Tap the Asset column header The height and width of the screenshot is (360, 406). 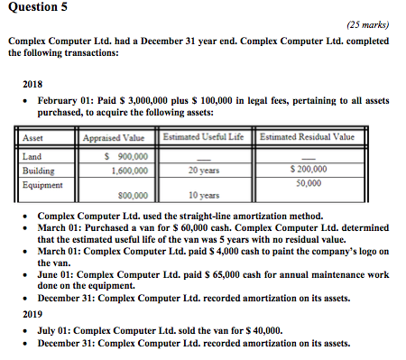point(32,138)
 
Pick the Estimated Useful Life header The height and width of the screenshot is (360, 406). point(204,137)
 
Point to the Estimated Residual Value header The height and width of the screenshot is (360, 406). point(306,137)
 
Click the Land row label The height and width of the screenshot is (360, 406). point(32,155)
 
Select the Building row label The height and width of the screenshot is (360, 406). point(38,169)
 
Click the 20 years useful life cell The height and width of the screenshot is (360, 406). point(206,169)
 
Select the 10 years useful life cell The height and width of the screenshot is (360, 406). point(204,195)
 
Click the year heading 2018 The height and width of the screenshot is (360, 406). point(32,88)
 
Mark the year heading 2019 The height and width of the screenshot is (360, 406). point(32,316)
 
